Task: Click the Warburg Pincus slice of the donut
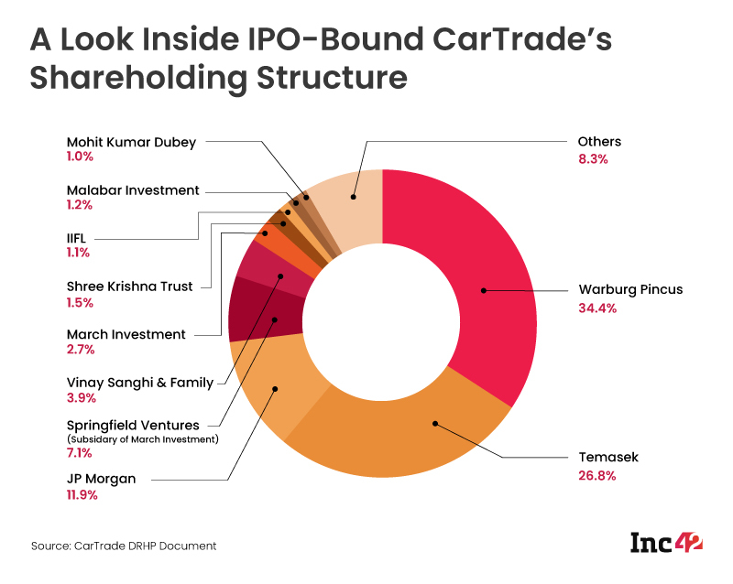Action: tap(476, 275)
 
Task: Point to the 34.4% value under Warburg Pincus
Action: tap(597, 308)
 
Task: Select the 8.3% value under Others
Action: tap(594, 159)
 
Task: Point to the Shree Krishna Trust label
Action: tap(129, 287)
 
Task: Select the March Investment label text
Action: tap(126, 334)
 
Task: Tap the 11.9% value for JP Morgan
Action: tap(82, 495)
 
